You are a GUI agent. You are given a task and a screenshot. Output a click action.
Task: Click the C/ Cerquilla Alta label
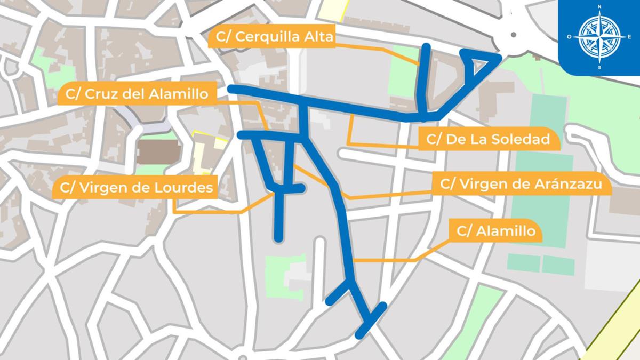pos(274,37)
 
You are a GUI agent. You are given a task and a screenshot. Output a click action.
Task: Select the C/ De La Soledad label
pos(488,140)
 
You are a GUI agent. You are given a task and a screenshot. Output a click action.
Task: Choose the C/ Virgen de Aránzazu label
pos(521,185)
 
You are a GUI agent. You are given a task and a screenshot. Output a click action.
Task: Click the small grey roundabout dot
pos(514,35)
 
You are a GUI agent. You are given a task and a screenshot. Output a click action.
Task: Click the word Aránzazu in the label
pos(569,185)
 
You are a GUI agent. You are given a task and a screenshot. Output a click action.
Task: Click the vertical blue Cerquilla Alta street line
pos(425,80)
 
